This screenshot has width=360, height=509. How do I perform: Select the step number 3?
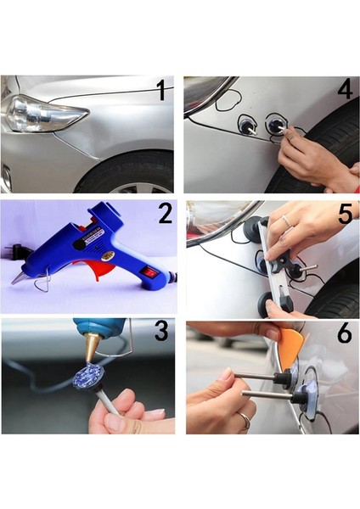161,331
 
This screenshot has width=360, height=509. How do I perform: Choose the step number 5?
346,214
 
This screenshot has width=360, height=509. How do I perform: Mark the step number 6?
345,333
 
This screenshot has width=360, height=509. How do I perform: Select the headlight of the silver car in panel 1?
44,114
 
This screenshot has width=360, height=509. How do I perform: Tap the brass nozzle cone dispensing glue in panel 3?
92,345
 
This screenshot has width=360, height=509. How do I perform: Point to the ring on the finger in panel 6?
245,421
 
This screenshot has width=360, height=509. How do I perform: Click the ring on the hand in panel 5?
288,221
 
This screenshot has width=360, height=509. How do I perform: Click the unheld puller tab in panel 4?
247,124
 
